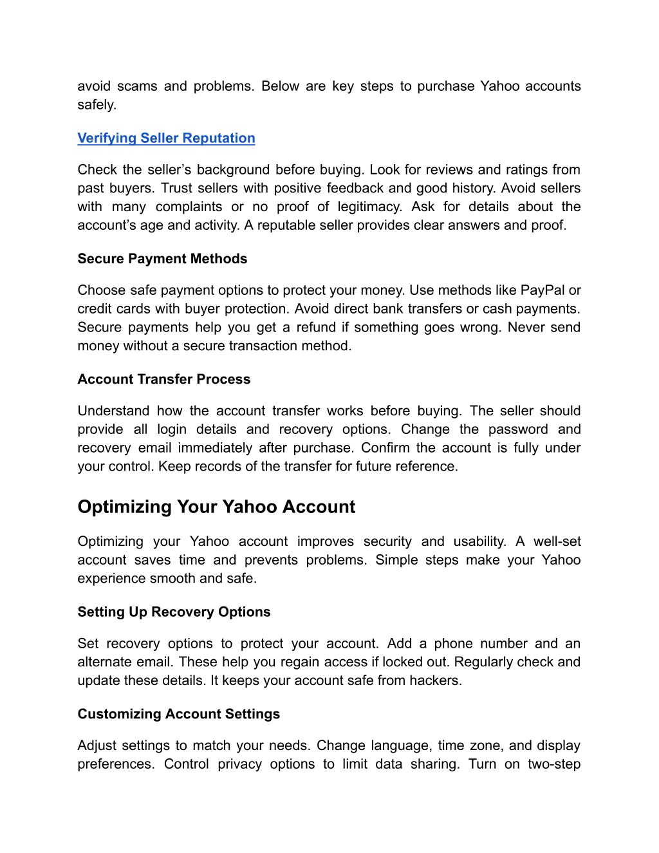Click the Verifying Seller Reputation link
[166, 138]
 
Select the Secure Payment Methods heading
[162, 259]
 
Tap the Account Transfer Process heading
[164, 379]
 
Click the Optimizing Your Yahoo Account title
[216, 507]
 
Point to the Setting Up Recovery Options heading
[174, 612]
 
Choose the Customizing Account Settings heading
[179, 714]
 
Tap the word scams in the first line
[137, 86]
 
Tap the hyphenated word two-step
[554, 764]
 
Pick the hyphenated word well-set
[557, 541]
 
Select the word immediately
[215, 448]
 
